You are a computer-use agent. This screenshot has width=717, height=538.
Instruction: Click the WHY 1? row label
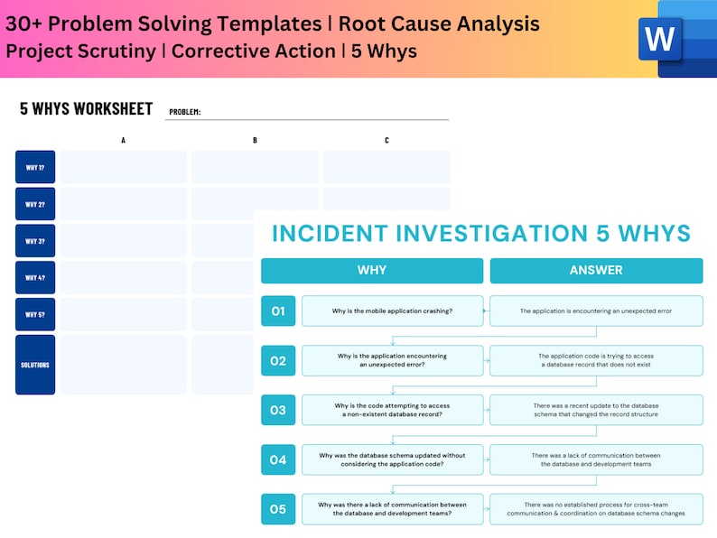coord(35,167)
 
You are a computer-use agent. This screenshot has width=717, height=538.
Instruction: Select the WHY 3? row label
coord(35,241)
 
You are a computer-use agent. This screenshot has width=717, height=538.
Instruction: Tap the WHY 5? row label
coord(35,314)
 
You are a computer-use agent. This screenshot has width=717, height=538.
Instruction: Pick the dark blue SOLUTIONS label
coord(35,365)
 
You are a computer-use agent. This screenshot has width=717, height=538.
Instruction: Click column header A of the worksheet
coord(124,140)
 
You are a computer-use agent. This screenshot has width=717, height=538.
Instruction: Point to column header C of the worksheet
coord(386,140)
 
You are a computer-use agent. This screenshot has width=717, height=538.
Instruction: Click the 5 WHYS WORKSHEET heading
coord(87,109)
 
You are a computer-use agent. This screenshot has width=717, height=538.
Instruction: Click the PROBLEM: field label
coord(185,113)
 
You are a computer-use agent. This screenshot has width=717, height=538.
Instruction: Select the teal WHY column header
coord(372,270)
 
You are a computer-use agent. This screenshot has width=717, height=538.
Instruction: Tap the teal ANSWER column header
coord(596,270)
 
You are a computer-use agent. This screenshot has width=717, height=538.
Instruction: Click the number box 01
coord(278,311)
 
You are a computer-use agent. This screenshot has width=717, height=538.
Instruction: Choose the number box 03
coord(278,410)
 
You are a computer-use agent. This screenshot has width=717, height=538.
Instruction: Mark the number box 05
coord(278,509)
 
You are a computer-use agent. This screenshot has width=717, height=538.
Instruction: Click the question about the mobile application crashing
coord(393,311)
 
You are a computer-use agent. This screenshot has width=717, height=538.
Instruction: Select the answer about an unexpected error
coord(596,311)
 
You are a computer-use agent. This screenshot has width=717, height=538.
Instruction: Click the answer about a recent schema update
coord(596,410)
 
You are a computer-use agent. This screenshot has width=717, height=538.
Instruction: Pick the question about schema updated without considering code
coord(393,459)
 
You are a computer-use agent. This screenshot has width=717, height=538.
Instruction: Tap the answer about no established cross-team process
coord(596,509)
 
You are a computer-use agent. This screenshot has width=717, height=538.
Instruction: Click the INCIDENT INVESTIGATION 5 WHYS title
coord(481,234)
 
